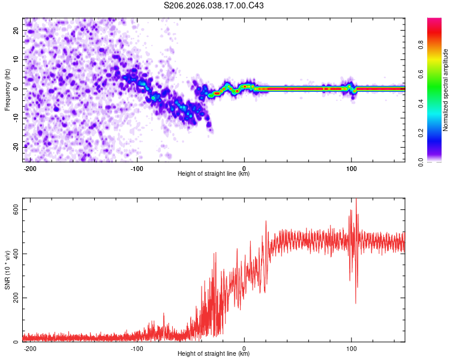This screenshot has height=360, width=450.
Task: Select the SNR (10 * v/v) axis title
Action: pyautogui.click(x=7, y=271)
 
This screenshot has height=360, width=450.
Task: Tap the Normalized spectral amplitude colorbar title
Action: pyautogui.click(x=446, y=90)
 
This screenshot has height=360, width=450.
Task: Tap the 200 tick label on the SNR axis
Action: pyautogui.click(x=13, y=298)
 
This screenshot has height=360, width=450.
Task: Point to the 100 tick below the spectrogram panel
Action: pyautogui.click(x=352, y=167)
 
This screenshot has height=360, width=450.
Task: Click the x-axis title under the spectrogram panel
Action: pyautogui.click(x=214, y=174)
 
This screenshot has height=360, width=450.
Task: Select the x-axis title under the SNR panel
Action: pyautogui.click(x=214, y=354)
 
